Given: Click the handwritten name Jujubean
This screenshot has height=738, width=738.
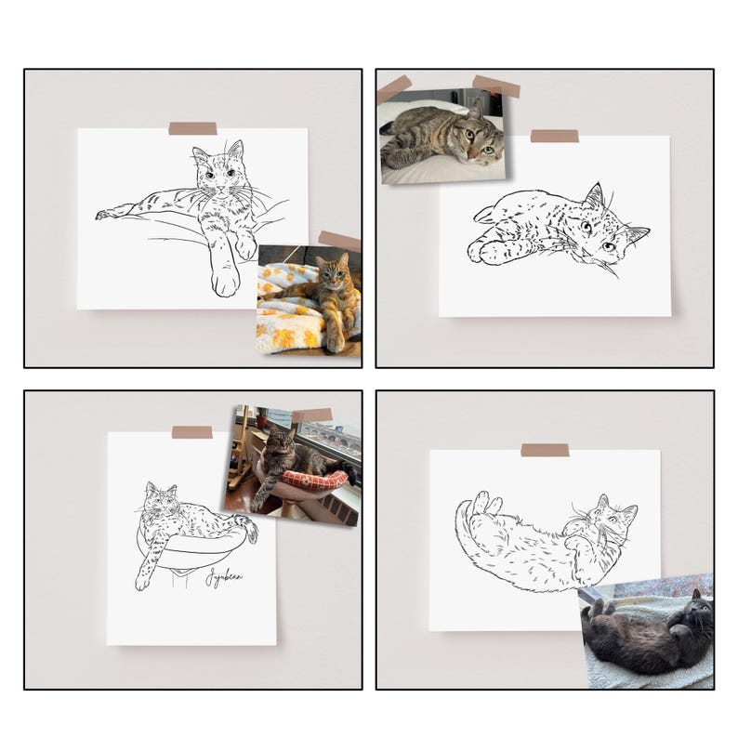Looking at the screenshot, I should click(x=224, y=576).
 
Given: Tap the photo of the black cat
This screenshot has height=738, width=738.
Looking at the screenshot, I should click(x=648, y=631).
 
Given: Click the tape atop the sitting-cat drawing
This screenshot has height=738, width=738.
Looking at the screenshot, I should click(x=192, y=128).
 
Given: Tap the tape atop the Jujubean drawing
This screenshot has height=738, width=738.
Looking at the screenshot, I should click(x=191, y=432).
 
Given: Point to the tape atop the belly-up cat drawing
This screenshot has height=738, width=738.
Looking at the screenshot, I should click(x=545, y=450).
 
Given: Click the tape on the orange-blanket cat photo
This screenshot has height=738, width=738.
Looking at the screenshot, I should click(x=339, y=242).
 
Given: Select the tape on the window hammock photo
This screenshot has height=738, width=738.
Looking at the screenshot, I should click(x=312, y=415).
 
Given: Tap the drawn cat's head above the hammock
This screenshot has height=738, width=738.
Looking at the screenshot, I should click(x=161, y=499).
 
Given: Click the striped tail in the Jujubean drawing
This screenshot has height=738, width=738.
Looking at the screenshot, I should click(x=245, y=527).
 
